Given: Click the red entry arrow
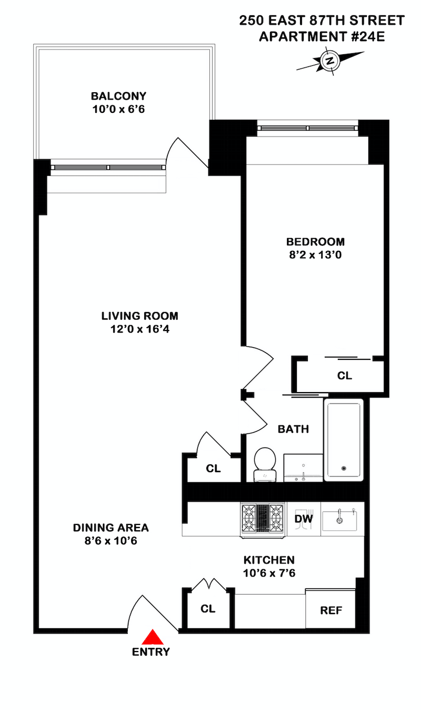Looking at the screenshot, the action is point(153,637).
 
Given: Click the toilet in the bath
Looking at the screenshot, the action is point(265,464).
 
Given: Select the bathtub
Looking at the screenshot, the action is point(344,440).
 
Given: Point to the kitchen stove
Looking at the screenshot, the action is point(263,520).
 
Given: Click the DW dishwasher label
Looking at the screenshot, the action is point(304,519).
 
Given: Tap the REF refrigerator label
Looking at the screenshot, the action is point(331,610).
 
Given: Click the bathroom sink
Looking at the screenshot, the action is point(303,468).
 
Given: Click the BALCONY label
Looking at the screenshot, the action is point(119,96).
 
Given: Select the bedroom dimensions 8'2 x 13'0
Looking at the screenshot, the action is point(315,255).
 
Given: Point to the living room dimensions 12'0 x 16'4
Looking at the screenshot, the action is point(139,329).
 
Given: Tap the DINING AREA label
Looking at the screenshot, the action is point(111,528).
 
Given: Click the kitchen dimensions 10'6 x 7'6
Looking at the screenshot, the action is point(269,573).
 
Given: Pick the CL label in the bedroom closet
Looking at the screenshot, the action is point(344,376).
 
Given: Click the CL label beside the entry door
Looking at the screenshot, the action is point(208,609).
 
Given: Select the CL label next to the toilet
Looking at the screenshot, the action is point(213,469).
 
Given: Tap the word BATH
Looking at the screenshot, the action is point(293,429).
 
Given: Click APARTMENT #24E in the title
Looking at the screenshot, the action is point(322,37).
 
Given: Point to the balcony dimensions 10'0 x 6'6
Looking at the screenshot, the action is point(119,109).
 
